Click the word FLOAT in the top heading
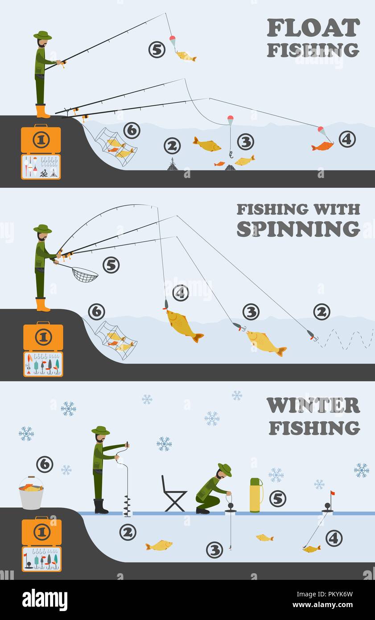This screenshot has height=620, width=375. pyautogui.click(x=313, y=28)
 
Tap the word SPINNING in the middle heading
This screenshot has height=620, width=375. pyautogui.click(x=298, y=229)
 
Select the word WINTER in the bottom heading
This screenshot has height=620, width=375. pyautogui.click(x=313, y=405)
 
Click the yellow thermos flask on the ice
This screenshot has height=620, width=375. pyautogui.click(x=255, y=495)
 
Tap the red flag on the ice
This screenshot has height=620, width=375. pyautogui.click(x=332, y=494)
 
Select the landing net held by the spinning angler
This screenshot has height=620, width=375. pyautogui.click(x=84, y=274)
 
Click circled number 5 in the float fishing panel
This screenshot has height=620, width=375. pyautogui.click(x=157, y=50)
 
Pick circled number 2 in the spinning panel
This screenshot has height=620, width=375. pyautogui.click(x=321, y=312)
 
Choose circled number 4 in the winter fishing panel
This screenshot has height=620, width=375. pyautogui.click(x=334, y=538)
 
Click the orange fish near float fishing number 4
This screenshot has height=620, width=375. pyautogui.click(x=322, y=146)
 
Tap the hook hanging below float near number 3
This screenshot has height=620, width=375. pyautogui.click(x=231, y=155)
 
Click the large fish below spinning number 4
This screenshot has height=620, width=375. pyautogui.click(x=184, y=324)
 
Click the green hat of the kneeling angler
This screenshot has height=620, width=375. pyautogui.click(x=225, y=469)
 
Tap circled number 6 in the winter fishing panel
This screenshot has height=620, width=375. pyautogui.click(x=45, y=464)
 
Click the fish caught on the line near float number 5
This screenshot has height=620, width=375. pyautogui.click(x=186, y=56)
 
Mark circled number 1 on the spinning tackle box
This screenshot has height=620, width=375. pyautogui.click(x=43, y=337)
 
